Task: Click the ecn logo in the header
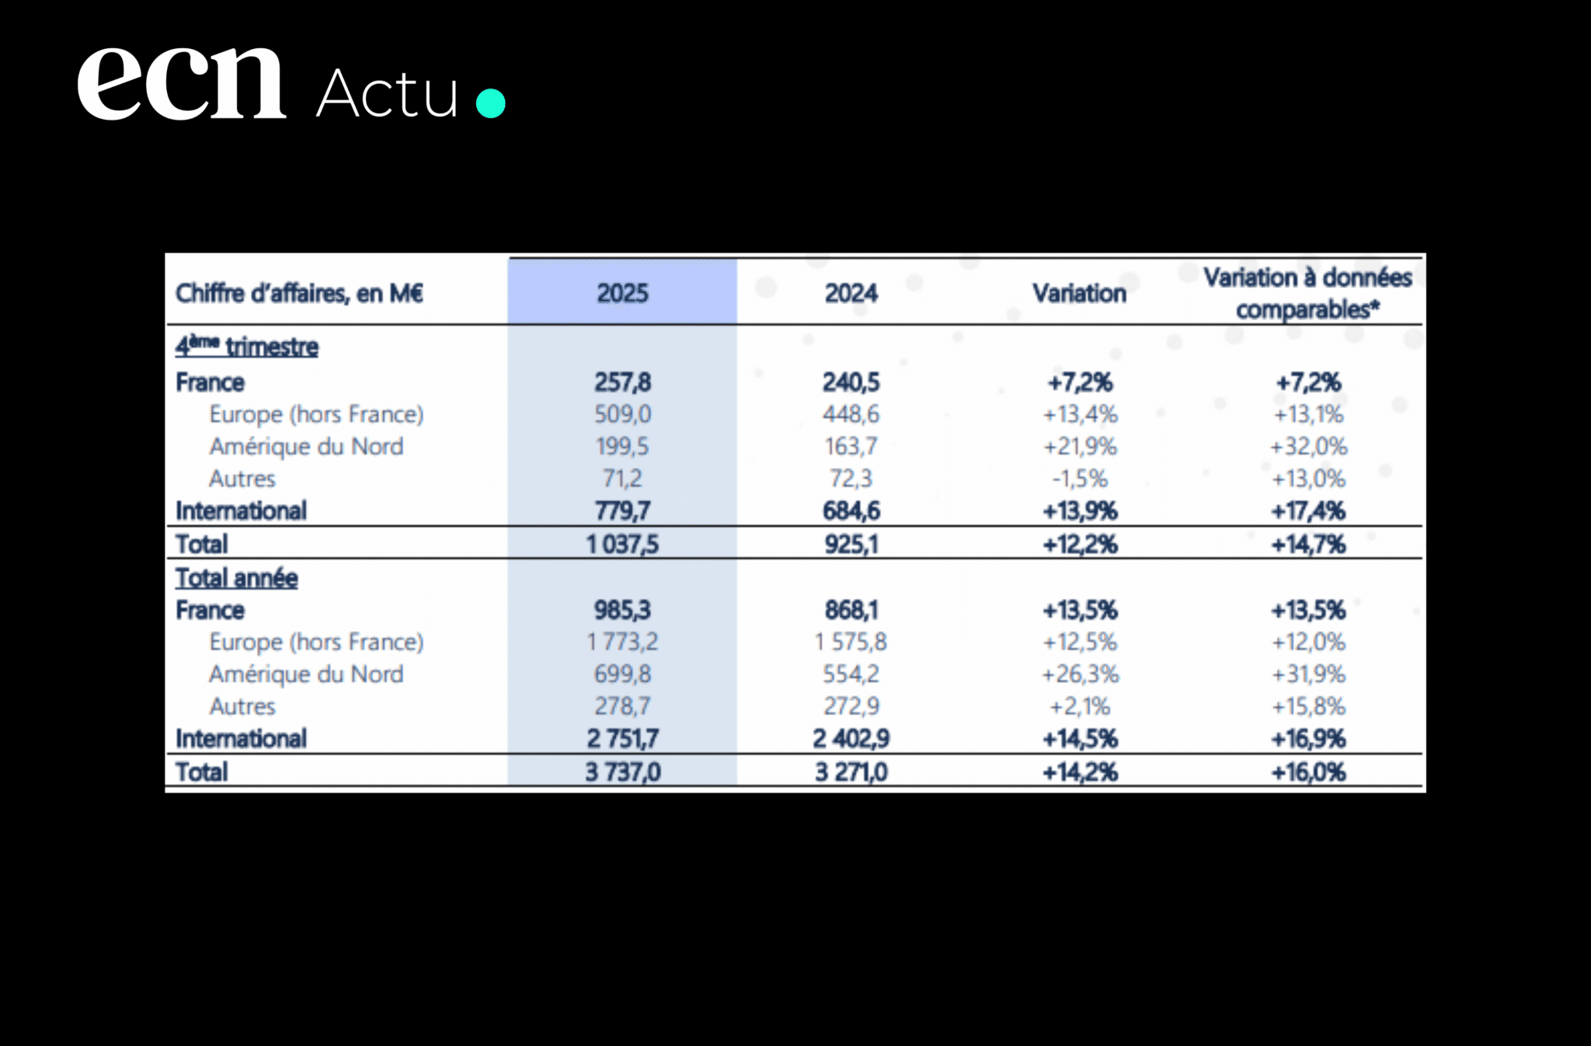(x=182, y=84)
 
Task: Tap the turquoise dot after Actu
(x=490, y=103)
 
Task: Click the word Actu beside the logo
(x=387, y=94)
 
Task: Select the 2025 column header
(x=622, y=293)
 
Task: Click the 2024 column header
(x=851, y=293)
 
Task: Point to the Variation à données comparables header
(x=1307, y=293)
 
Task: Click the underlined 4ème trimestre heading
(x=247, y=347)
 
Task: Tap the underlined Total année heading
(x=236, y=578)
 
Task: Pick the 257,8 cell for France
(x=622, y=382)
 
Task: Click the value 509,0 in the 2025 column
(x=622, y=414)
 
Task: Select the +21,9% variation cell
(x=1079, y=447)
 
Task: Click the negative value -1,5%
(x=1079, y=479)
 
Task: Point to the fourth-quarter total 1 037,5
(x=622, y=544)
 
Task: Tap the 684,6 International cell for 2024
(x=851, y=511)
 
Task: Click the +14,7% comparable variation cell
(x=1307, y=544)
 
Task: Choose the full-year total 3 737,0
(x=622, y=772)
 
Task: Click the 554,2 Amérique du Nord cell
(x=851, y=674)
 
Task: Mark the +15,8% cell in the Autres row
(x=1307, y=706)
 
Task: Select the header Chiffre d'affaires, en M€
(x=299, y=294)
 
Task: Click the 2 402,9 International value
(x=851, y=738)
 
